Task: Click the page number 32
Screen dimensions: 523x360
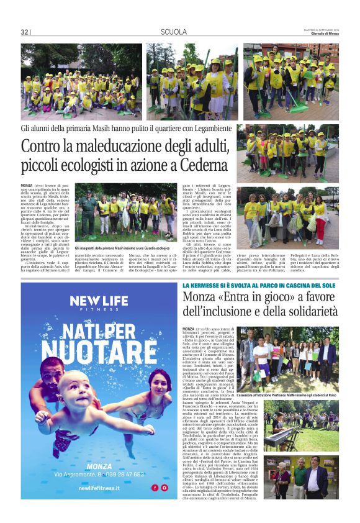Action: tap(24, 32)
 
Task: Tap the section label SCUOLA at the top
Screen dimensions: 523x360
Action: tap(174, 32)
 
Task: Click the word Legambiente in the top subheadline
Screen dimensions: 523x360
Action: tap(204, 129)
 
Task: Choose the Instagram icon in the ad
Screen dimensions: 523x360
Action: tap(164, 488)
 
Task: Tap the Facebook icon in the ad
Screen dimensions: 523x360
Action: tap(154, 488)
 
